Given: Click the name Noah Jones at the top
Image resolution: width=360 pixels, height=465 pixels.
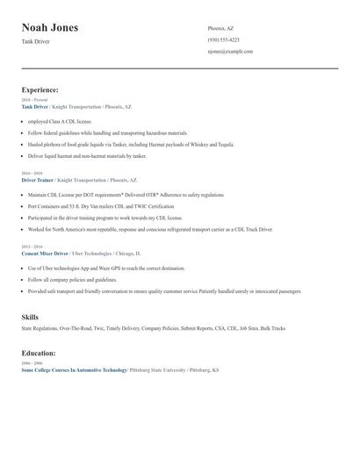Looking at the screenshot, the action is [50, 27].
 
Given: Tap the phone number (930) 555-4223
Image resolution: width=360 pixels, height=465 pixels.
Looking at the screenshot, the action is [223, 39].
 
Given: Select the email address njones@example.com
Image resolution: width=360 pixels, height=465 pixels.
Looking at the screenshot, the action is [230, 52].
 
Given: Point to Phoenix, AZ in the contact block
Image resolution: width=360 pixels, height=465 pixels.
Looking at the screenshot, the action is [220, 28].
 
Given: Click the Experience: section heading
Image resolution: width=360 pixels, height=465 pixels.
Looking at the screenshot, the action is [40, 89].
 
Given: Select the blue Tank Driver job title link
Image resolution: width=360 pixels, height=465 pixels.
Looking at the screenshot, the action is [35, 106].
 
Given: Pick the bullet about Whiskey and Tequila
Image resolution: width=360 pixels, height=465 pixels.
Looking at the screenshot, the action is [131, 144].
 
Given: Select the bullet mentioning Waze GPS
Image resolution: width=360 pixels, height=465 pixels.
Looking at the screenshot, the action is [106, 268].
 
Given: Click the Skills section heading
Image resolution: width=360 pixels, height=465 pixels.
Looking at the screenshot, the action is [30, 317].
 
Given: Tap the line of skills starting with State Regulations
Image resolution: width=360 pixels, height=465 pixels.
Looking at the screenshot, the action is [153, 329].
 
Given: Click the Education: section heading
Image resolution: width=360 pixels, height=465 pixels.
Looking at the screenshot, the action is [39, 354].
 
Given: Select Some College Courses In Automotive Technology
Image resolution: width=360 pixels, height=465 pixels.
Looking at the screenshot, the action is [74, 370].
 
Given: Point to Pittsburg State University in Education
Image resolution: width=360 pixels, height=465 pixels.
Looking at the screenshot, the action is [158, 370].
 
